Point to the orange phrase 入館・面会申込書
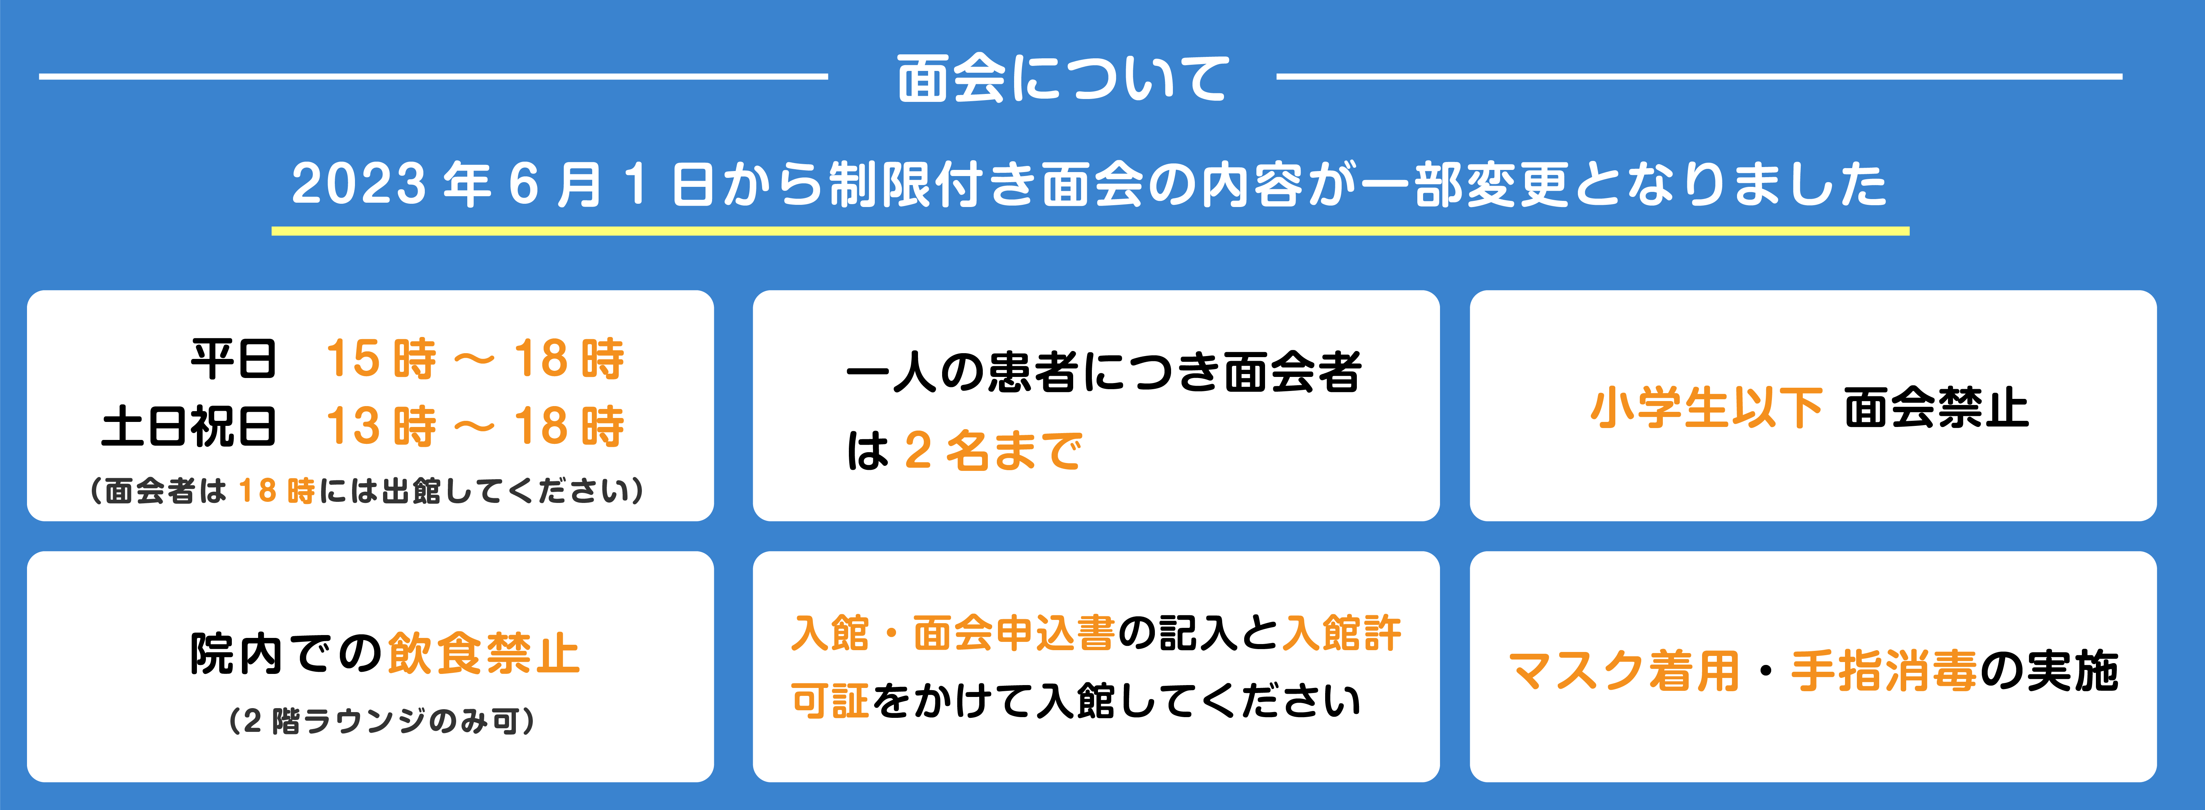[953, 634]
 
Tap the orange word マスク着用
[1624, 670]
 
